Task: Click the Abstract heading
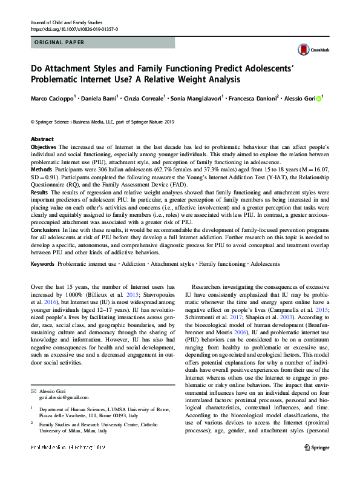(42, 139)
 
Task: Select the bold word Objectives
(44, 147)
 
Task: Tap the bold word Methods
(41, 171)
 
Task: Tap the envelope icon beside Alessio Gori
(33, 391)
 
